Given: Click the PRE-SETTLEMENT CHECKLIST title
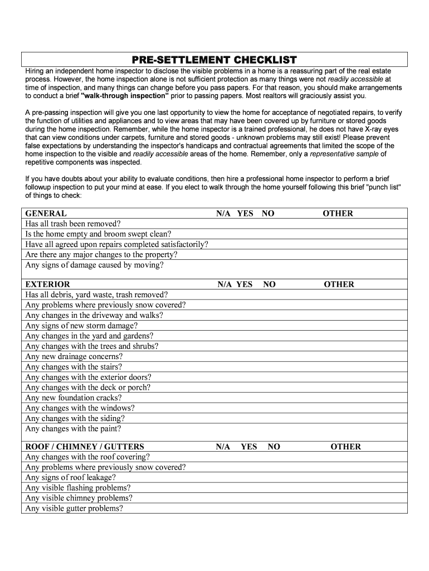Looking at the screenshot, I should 214,60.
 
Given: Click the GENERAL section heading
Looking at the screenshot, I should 46,214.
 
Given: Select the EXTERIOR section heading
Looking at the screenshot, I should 48,284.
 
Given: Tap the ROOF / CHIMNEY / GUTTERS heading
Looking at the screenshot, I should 85,447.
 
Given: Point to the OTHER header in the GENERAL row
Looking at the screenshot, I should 338,214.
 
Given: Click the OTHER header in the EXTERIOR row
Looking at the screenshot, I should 339,284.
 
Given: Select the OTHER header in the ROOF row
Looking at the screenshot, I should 345,447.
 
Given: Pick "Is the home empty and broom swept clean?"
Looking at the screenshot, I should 99,234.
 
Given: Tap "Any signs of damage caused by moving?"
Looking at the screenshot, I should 95,265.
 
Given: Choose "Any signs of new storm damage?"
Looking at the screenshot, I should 81,326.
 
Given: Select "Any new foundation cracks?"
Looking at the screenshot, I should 72,398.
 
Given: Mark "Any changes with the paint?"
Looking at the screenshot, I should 73,429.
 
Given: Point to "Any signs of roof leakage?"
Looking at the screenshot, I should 71,477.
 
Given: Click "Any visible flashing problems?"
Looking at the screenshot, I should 78,488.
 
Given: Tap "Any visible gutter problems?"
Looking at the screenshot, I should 74,509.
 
